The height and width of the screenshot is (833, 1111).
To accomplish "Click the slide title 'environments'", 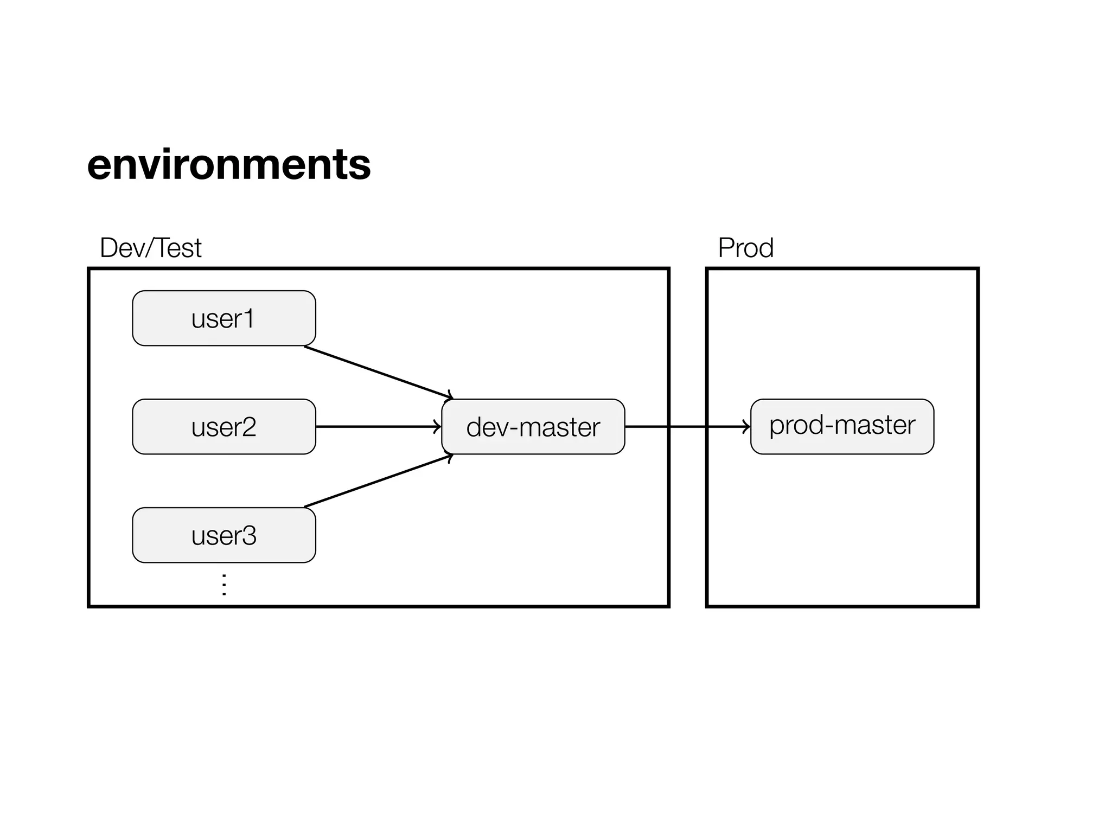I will (x=228, y=164).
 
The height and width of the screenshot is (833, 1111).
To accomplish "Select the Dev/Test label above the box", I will (x=150, y=248).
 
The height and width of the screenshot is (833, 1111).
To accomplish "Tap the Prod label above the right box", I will (x=745, y=248).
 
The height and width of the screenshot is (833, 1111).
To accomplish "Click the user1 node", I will (x=224, y=318).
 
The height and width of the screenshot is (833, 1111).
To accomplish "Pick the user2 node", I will (x=224, y=427).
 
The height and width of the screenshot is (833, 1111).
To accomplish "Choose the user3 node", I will (x=224, y=535).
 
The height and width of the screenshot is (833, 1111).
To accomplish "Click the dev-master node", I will (x=533, y=427).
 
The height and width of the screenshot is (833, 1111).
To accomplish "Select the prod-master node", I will (x=842, y=427).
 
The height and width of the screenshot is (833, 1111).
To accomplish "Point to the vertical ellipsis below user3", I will (x=224, y=585).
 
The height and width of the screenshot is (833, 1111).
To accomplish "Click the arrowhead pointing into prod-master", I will (x=747, y=427).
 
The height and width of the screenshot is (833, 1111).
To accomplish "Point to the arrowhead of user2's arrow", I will (x=438, y=427).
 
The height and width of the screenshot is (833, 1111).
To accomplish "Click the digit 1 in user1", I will (x=249, y=318).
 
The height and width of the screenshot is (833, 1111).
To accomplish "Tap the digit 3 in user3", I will (x=249, y=535).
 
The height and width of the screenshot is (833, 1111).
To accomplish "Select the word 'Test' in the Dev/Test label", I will (x=179, y=248).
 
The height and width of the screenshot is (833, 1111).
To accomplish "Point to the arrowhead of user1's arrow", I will (x=450, y=396).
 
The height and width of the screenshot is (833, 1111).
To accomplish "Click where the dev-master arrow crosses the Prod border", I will (x=707, y=427).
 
